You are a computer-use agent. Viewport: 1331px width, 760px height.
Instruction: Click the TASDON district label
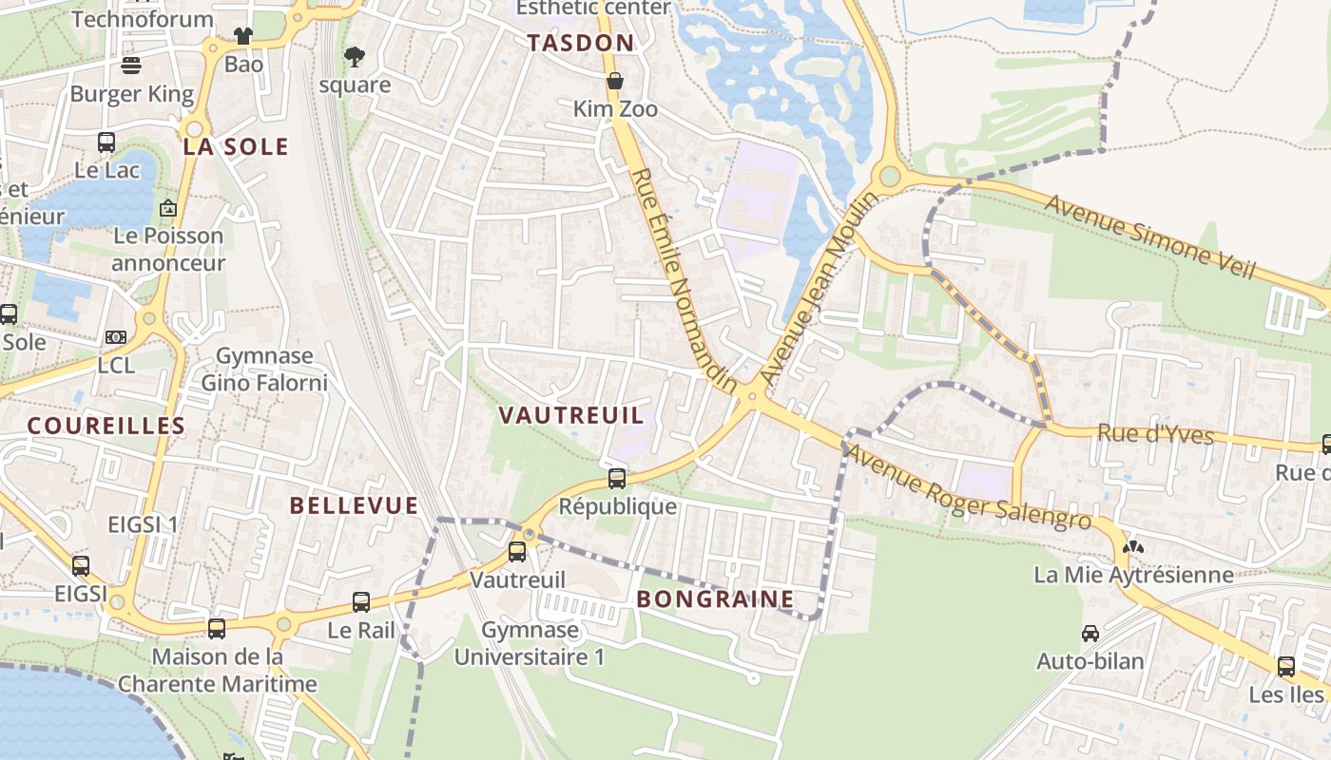[580, 43]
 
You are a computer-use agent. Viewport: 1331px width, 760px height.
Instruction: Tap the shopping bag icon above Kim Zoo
[615, 81]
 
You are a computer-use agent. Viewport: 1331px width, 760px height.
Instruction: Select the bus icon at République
[617, 478]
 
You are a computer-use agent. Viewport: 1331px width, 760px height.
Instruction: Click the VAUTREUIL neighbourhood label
[571, 415]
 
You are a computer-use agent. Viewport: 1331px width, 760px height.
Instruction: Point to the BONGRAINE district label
[715, 598]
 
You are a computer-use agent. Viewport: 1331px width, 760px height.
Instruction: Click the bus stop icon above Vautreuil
[517, 551]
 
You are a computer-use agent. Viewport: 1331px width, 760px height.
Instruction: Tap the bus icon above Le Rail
[361, 601]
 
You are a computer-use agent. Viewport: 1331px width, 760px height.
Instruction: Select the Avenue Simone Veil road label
[1150, 237]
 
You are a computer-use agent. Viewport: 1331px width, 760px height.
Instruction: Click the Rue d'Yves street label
[1155, 434]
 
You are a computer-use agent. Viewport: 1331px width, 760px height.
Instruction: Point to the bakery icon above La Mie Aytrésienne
[1132, 547]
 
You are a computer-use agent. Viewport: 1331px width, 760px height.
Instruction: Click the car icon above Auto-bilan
[1090, 633]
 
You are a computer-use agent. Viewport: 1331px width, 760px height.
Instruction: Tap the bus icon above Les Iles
[1286, 666]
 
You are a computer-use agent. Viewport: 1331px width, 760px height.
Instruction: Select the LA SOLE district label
[236, 146]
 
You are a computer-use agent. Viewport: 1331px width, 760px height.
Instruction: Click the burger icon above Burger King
[131, 65]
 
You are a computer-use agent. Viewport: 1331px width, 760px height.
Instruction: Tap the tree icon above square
[355, 57]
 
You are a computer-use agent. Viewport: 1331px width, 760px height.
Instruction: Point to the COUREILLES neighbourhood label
[106, 426]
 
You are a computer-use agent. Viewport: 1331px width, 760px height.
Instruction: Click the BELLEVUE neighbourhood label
[354, 505]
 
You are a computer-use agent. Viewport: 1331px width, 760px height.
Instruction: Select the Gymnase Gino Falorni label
[263, 370]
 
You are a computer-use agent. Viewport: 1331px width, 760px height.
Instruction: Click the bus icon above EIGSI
[81, 565]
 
